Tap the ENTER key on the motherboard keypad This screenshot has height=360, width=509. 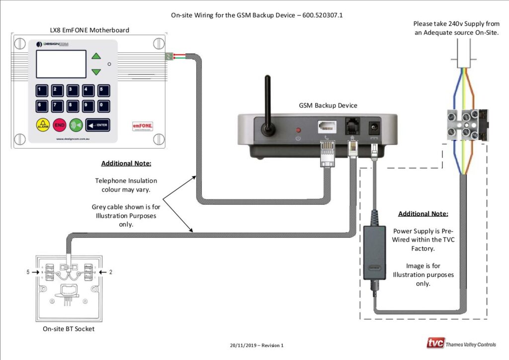coord(97,124)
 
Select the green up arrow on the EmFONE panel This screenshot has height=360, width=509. coord(96,56)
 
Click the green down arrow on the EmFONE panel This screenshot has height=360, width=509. coord(96,72)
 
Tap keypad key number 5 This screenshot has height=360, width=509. coord(103,90)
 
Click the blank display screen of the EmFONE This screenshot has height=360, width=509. coord(61,64)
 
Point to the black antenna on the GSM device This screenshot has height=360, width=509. coord(268,104)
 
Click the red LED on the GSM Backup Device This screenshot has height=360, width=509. coord(298,123)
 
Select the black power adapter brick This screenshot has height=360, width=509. coord(374,252)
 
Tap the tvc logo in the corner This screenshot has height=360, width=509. coord(435,343)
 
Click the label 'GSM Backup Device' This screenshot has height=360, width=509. coord(328,105)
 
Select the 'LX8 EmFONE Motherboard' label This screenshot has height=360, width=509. coord(89,30)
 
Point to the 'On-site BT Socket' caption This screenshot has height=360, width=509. coord(68,329)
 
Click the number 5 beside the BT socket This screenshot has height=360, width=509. coord(28,272)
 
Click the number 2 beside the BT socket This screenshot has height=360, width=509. coord(110,272)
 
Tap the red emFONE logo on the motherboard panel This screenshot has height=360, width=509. coord(142,126)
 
